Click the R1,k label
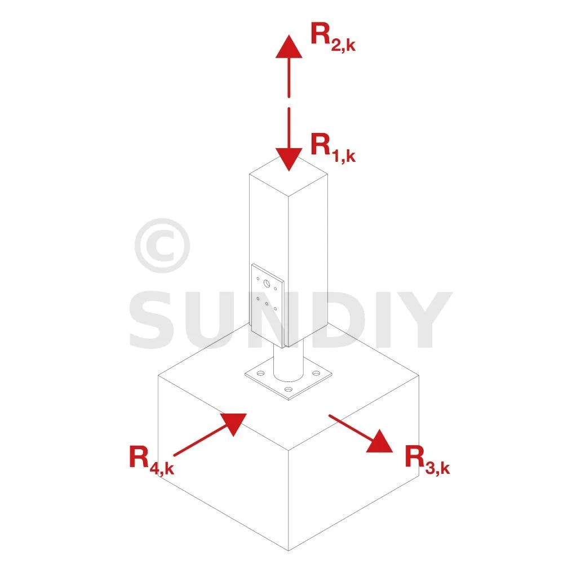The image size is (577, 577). [x=332, y=148]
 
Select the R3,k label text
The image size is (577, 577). [x=427, y=460]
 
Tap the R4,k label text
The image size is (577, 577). [x=151, y=460]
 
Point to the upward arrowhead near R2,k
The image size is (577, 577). [x=288, y=46]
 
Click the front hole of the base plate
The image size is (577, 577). [x=288, y=389]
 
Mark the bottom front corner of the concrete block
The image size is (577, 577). [x=288, y=550]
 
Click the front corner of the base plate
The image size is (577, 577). [x=289, y=399]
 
